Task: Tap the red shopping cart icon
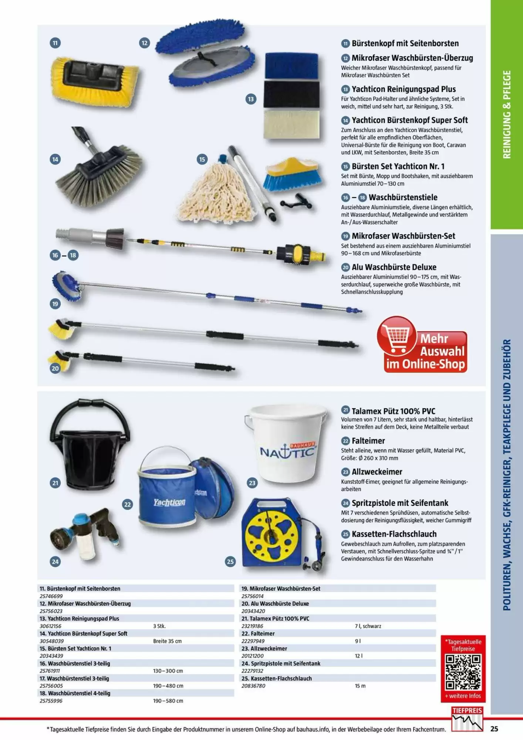397,335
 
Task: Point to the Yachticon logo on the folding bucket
169,502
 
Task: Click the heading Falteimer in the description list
368,441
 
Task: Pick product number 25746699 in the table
51,596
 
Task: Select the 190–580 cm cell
168,701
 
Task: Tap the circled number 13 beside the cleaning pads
251,99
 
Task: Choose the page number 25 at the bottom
494,729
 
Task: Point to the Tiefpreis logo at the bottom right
467,719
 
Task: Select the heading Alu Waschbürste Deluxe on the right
394,267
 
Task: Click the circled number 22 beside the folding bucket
128,504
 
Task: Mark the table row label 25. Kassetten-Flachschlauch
277,678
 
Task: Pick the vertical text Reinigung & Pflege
506,115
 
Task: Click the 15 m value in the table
360,686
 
